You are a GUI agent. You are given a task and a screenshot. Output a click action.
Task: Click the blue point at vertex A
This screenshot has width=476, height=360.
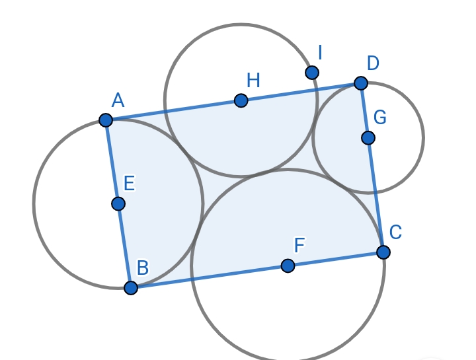coord(106,120)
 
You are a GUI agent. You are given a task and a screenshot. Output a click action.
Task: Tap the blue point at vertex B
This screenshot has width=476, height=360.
coord(131,287)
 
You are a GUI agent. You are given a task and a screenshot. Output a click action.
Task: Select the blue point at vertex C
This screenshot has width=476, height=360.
coord(383,252)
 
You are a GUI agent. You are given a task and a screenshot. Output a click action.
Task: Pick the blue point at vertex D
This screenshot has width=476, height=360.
coord(360,83)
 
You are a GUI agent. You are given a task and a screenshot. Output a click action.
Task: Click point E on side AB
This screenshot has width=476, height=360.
coord(118,203)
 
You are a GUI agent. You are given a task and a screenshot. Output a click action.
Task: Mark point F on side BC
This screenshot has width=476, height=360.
coord(288,266)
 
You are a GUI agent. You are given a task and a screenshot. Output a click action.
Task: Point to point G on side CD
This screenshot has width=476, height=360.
coord(368,137)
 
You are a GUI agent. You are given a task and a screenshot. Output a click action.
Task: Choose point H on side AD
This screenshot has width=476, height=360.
coord(241,100)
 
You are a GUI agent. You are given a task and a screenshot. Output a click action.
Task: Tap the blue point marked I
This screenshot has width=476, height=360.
coord(312,72)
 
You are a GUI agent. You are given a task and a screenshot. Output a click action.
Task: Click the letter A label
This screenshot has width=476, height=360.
coord(118,100)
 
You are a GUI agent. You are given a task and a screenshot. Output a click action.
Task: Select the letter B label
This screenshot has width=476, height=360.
coord(142,268)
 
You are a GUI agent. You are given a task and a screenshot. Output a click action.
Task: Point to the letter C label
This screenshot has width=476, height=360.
coord(395,233)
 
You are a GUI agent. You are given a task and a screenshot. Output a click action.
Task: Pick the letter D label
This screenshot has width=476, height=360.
coord(373,63)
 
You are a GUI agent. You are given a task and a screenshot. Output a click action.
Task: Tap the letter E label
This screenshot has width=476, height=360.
coord(129,184)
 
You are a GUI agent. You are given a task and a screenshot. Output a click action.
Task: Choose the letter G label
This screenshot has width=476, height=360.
coord(379,118)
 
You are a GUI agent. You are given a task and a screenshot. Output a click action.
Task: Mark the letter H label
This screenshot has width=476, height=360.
coord(253,81)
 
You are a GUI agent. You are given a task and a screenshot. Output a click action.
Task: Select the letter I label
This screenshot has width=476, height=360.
coord(320,52)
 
